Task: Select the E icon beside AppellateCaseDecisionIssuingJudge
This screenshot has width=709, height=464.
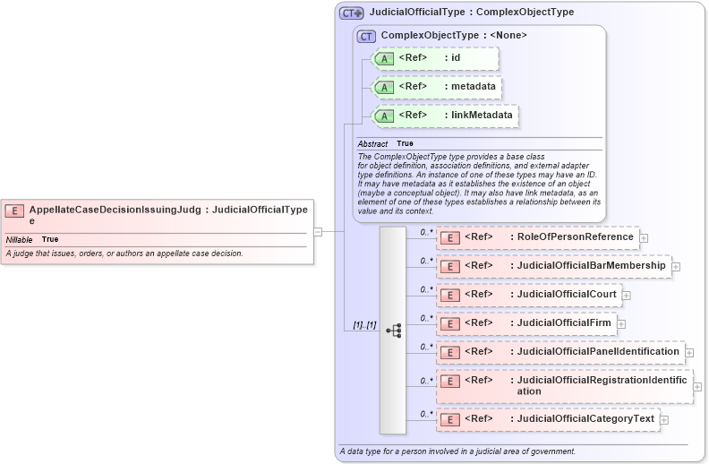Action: tap(14, 211)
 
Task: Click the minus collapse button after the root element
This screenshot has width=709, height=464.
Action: tap(318, 231)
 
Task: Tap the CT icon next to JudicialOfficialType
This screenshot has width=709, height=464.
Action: tap(351, 13)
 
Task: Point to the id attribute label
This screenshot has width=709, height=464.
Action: tap(455, 58)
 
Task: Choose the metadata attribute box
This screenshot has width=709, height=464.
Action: tap(437, 87)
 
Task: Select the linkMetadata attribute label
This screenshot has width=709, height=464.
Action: tap(482, 116)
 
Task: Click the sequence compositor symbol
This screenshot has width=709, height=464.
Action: tap(393, 330)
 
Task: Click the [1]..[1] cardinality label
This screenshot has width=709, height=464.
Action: tap(358, 325)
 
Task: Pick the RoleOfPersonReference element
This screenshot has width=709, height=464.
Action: tap(537, 237)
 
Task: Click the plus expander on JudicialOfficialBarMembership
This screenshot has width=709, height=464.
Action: tap(676, 266)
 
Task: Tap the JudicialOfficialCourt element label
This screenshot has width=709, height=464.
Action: tap(564, 294)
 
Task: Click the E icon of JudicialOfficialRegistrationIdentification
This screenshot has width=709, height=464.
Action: tap(452, 381)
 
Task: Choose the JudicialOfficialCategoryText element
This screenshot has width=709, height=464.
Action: tap(548, 418)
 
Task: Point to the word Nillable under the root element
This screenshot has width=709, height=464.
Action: tap(20, 240)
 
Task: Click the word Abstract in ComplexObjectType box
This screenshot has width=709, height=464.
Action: tap(372, 144)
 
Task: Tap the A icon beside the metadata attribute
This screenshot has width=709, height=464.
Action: tap(385, 87)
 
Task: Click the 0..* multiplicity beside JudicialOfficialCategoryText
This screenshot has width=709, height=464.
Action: tap(427, 413)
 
